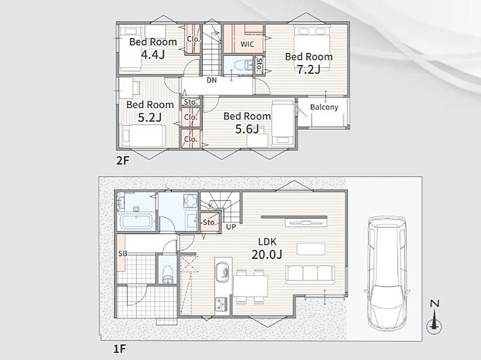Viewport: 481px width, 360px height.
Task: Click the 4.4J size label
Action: point(153,55)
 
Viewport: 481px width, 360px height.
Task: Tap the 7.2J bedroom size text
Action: point(308,70)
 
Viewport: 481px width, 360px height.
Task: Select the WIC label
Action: point(247,44)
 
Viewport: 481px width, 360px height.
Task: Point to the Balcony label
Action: point(324,107)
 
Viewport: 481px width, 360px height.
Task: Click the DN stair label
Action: point(212,81)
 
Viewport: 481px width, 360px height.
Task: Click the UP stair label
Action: point(231,227)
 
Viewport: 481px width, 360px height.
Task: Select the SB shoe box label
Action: point(123,254)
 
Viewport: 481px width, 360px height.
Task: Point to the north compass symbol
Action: point(434,318)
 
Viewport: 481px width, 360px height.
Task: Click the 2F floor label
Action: point(123,160)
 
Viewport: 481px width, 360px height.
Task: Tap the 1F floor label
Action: point(120,349)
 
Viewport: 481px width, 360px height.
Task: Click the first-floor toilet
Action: point(168,274)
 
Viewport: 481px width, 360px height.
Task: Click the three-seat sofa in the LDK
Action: point(310,275)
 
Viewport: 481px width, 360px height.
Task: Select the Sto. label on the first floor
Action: point(210,222)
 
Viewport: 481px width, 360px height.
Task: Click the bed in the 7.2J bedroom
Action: point(312,47)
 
